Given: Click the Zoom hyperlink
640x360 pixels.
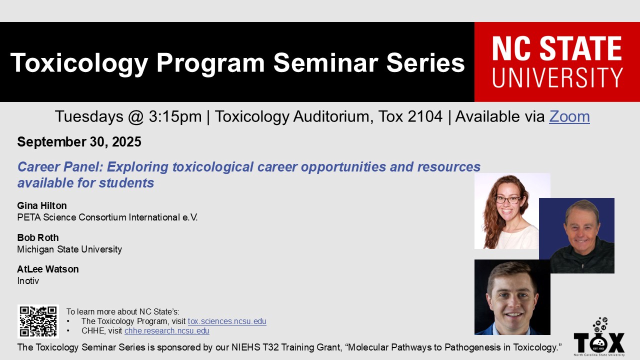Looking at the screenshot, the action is (569, 116).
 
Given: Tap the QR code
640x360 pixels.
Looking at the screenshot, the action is (38, 321).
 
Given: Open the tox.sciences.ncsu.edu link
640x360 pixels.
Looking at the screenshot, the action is (227, 321).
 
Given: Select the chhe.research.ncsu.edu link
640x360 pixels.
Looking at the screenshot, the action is (167, 330).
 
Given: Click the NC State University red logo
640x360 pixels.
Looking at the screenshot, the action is (557, 61).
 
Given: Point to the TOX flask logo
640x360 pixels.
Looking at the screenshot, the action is (599, 336).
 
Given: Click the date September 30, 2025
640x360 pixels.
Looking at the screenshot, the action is (79, 141).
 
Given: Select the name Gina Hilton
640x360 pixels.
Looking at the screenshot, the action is (42, 205).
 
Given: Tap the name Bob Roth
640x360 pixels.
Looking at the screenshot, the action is (38, 237).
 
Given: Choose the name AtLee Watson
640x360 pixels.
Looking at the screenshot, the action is (48, 269).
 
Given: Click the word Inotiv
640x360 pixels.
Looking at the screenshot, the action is (28, 280).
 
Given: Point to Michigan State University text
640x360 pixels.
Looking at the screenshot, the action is (69, 249).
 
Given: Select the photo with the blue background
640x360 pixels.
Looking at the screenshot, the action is (576, 235).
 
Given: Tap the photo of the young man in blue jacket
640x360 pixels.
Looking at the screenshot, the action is (512, 297).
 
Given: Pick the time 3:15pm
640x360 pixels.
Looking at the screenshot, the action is (175, 116).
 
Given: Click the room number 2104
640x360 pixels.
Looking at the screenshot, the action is (425, 116).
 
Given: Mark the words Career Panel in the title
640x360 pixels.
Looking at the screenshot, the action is (60, 166).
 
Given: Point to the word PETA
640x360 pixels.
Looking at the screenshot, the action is (29, 217).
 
